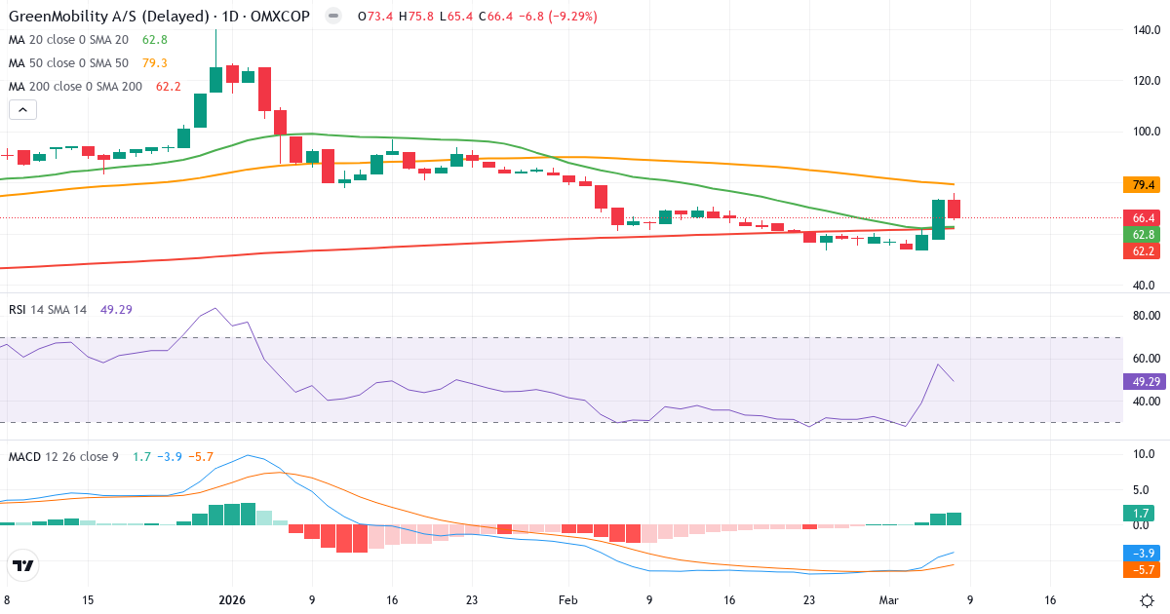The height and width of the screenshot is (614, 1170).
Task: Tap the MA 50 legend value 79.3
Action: coord(155,63)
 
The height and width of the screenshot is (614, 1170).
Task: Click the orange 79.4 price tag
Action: coord(1140,185)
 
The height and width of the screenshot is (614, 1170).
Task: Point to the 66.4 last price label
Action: coord(1140,218)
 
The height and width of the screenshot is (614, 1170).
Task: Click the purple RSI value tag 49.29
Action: coord(1142,382)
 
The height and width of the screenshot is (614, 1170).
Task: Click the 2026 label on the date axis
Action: coord(232,600)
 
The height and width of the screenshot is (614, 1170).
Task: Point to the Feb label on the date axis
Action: coord(569,600)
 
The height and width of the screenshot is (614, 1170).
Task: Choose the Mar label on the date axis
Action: coord(888,600)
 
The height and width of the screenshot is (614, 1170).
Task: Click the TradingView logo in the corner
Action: coord(23,565)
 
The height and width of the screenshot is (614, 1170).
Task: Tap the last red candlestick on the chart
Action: coord(955,209)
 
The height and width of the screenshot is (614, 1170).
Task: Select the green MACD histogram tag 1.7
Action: coord(1140,513)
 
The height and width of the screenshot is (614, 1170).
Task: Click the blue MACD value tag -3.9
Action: coord(1140,552)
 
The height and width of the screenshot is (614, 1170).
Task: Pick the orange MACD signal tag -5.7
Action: coord(1140,568)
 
